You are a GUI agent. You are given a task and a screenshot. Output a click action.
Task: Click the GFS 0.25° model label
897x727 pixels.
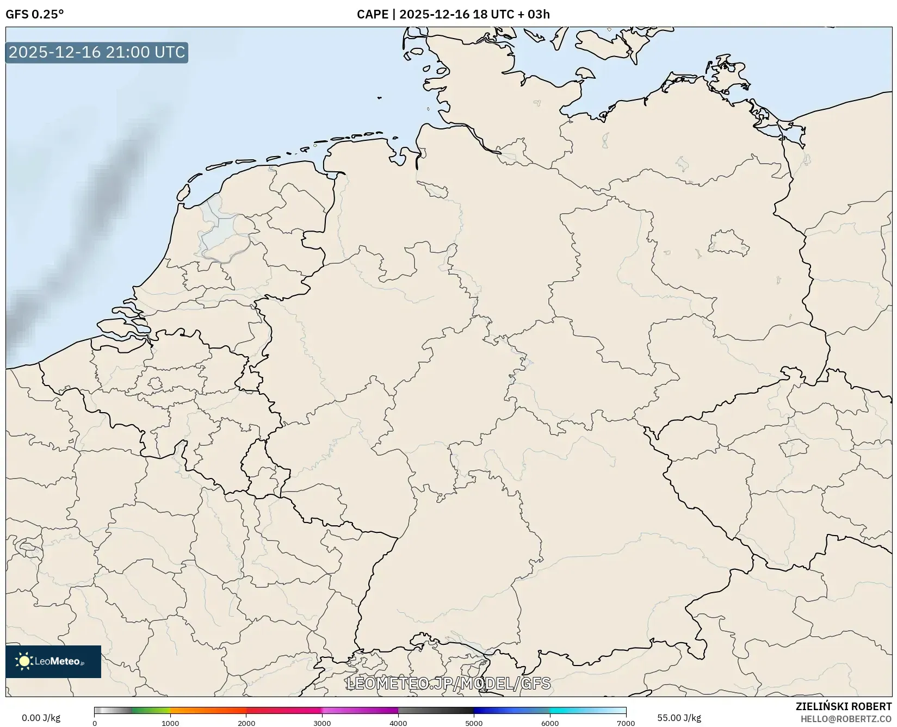pyautogui.click(x=34, y=14)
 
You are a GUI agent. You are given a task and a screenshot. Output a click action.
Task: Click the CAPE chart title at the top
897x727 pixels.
pyautogui.click(x=453, y=14)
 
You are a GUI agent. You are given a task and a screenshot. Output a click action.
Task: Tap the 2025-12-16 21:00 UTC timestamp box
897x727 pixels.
pyautogui.click(x=97, y=52)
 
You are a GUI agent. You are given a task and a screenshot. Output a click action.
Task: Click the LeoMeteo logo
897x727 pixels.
pyautogui.click(x=53, y=661)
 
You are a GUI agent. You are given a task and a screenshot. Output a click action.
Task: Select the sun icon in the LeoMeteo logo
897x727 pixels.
pyautogui.click(x=24, y=661)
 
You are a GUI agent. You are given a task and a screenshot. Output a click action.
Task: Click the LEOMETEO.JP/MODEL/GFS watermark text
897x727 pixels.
pyautogui.click(x=448, y=683)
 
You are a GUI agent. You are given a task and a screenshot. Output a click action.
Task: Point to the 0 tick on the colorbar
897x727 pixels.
pyautogui.click(x=95, y=723)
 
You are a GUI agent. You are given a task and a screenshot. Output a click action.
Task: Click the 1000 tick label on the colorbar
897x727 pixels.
pyautogui.click(x=170, y=723)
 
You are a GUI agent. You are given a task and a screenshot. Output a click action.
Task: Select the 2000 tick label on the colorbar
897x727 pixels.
pyautogui.click(x=246, y=723)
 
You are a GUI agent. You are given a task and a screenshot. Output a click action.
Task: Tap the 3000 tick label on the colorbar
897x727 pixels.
pyautogui.click(x=322, y=723)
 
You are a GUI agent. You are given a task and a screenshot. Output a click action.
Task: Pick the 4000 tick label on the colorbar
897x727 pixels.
pyautogui.click(x=398, y=723)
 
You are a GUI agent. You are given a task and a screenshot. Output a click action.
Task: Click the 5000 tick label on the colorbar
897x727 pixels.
pyautogui.click(x=474, y=723)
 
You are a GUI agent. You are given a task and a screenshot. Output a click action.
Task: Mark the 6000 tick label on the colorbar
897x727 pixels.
pyautogui.click(x=550, y=723)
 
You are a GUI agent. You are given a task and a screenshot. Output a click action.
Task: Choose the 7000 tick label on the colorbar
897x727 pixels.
pyautogui.click(x=626, y=723)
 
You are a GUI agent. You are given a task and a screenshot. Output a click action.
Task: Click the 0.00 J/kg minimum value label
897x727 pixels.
pyautogui.click(x=41, y=718)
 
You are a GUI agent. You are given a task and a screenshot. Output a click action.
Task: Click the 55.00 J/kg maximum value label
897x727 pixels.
pyautogui.click(x=679, y=718)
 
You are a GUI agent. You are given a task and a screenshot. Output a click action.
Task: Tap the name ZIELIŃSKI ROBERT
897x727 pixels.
pyautogui.click(x=844, y=706)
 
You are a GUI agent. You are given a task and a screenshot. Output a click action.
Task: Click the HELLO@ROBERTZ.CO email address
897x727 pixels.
pyautogui.click(x=846, y=719)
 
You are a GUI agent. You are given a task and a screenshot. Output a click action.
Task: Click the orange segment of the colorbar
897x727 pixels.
pyautogui.click(x=207, y=710)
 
